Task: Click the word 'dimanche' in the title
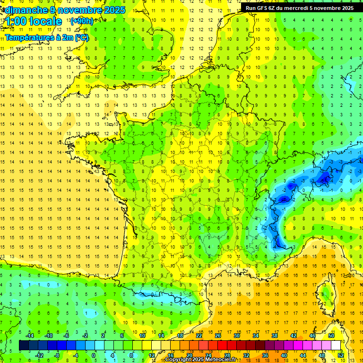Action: coord(24,10)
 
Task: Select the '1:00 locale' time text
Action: coord(34,21)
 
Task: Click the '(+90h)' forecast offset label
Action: coord(81,21)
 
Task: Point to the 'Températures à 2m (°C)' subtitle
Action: coord(47,38)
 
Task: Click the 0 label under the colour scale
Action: coord(94,355)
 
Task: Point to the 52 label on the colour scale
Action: coord(340,355)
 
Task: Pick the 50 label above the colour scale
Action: coord(331,336)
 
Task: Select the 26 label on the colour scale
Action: coord(218,336)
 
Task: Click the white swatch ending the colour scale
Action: coord(336,346)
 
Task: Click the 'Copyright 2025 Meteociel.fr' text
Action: coord(200,360)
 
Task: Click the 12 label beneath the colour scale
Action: coord(151,355)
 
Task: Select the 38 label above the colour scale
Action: coord(275,336)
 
